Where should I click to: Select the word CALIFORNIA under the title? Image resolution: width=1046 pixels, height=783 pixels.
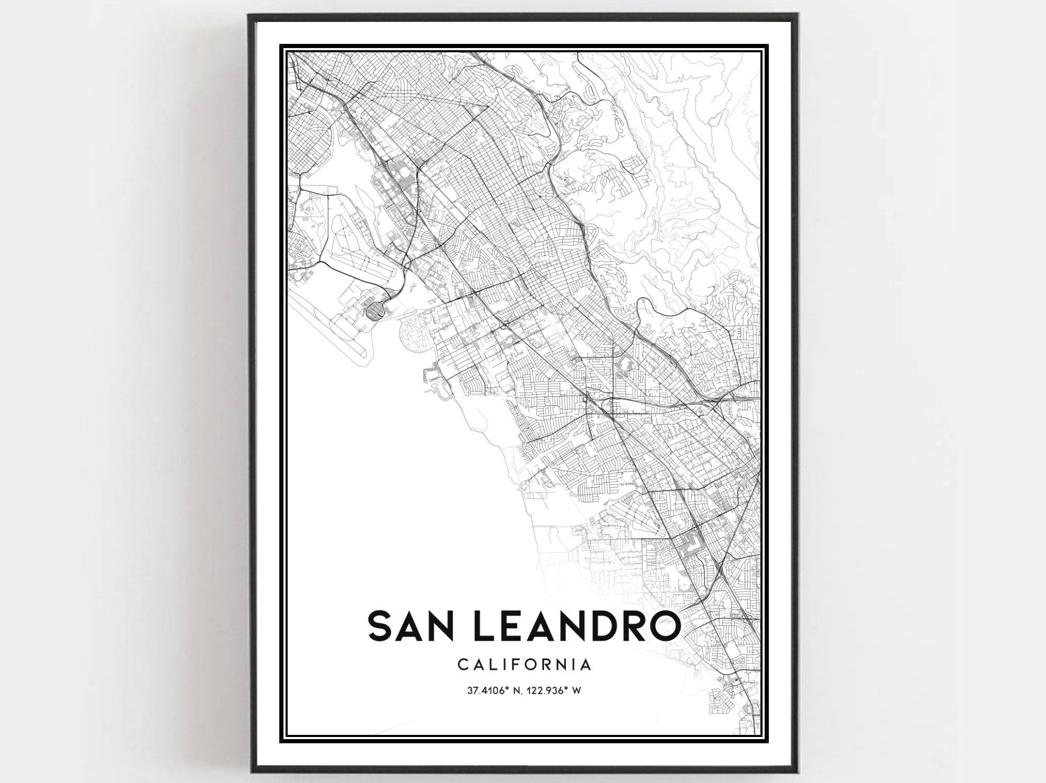[x=525, y=665]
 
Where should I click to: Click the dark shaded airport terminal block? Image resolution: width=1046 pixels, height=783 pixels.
[x=376, y=312]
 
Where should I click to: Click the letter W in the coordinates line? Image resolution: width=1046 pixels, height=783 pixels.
[x=577, y=690]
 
